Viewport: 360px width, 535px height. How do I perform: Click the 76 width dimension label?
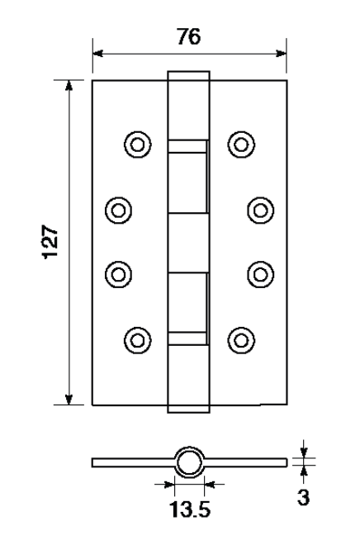[189, 36]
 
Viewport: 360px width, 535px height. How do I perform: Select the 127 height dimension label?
[50, 242]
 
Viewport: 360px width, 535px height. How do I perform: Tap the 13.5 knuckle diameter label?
[190, 509]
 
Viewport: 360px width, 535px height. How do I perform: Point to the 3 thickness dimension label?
[303, 498]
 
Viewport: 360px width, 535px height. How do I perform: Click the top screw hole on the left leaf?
[138, 144]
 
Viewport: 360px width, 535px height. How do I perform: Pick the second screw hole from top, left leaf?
[118, 211]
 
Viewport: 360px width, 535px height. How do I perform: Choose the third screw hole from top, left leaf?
[118, 275]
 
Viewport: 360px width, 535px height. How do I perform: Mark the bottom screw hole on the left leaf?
[138, 340]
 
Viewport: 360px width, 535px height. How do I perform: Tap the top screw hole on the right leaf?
[241, 144]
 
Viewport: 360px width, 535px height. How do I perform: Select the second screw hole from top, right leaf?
[260, 211]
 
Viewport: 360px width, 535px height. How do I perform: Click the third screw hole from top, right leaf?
[260, 275]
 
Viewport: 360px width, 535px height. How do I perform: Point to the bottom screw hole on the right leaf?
[241, 340]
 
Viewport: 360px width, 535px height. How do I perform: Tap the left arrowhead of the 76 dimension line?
[98, 53]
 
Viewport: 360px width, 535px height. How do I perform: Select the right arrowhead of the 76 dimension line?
[281, 53]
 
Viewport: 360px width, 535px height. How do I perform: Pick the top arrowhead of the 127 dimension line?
[69, 86]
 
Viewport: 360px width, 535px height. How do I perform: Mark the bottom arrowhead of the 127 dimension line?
[69, 400]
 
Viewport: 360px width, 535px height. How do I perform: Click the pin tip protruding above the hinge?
[189, 76]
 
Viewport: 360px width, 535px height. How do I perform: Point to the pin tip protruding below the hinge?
[189, 410]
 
